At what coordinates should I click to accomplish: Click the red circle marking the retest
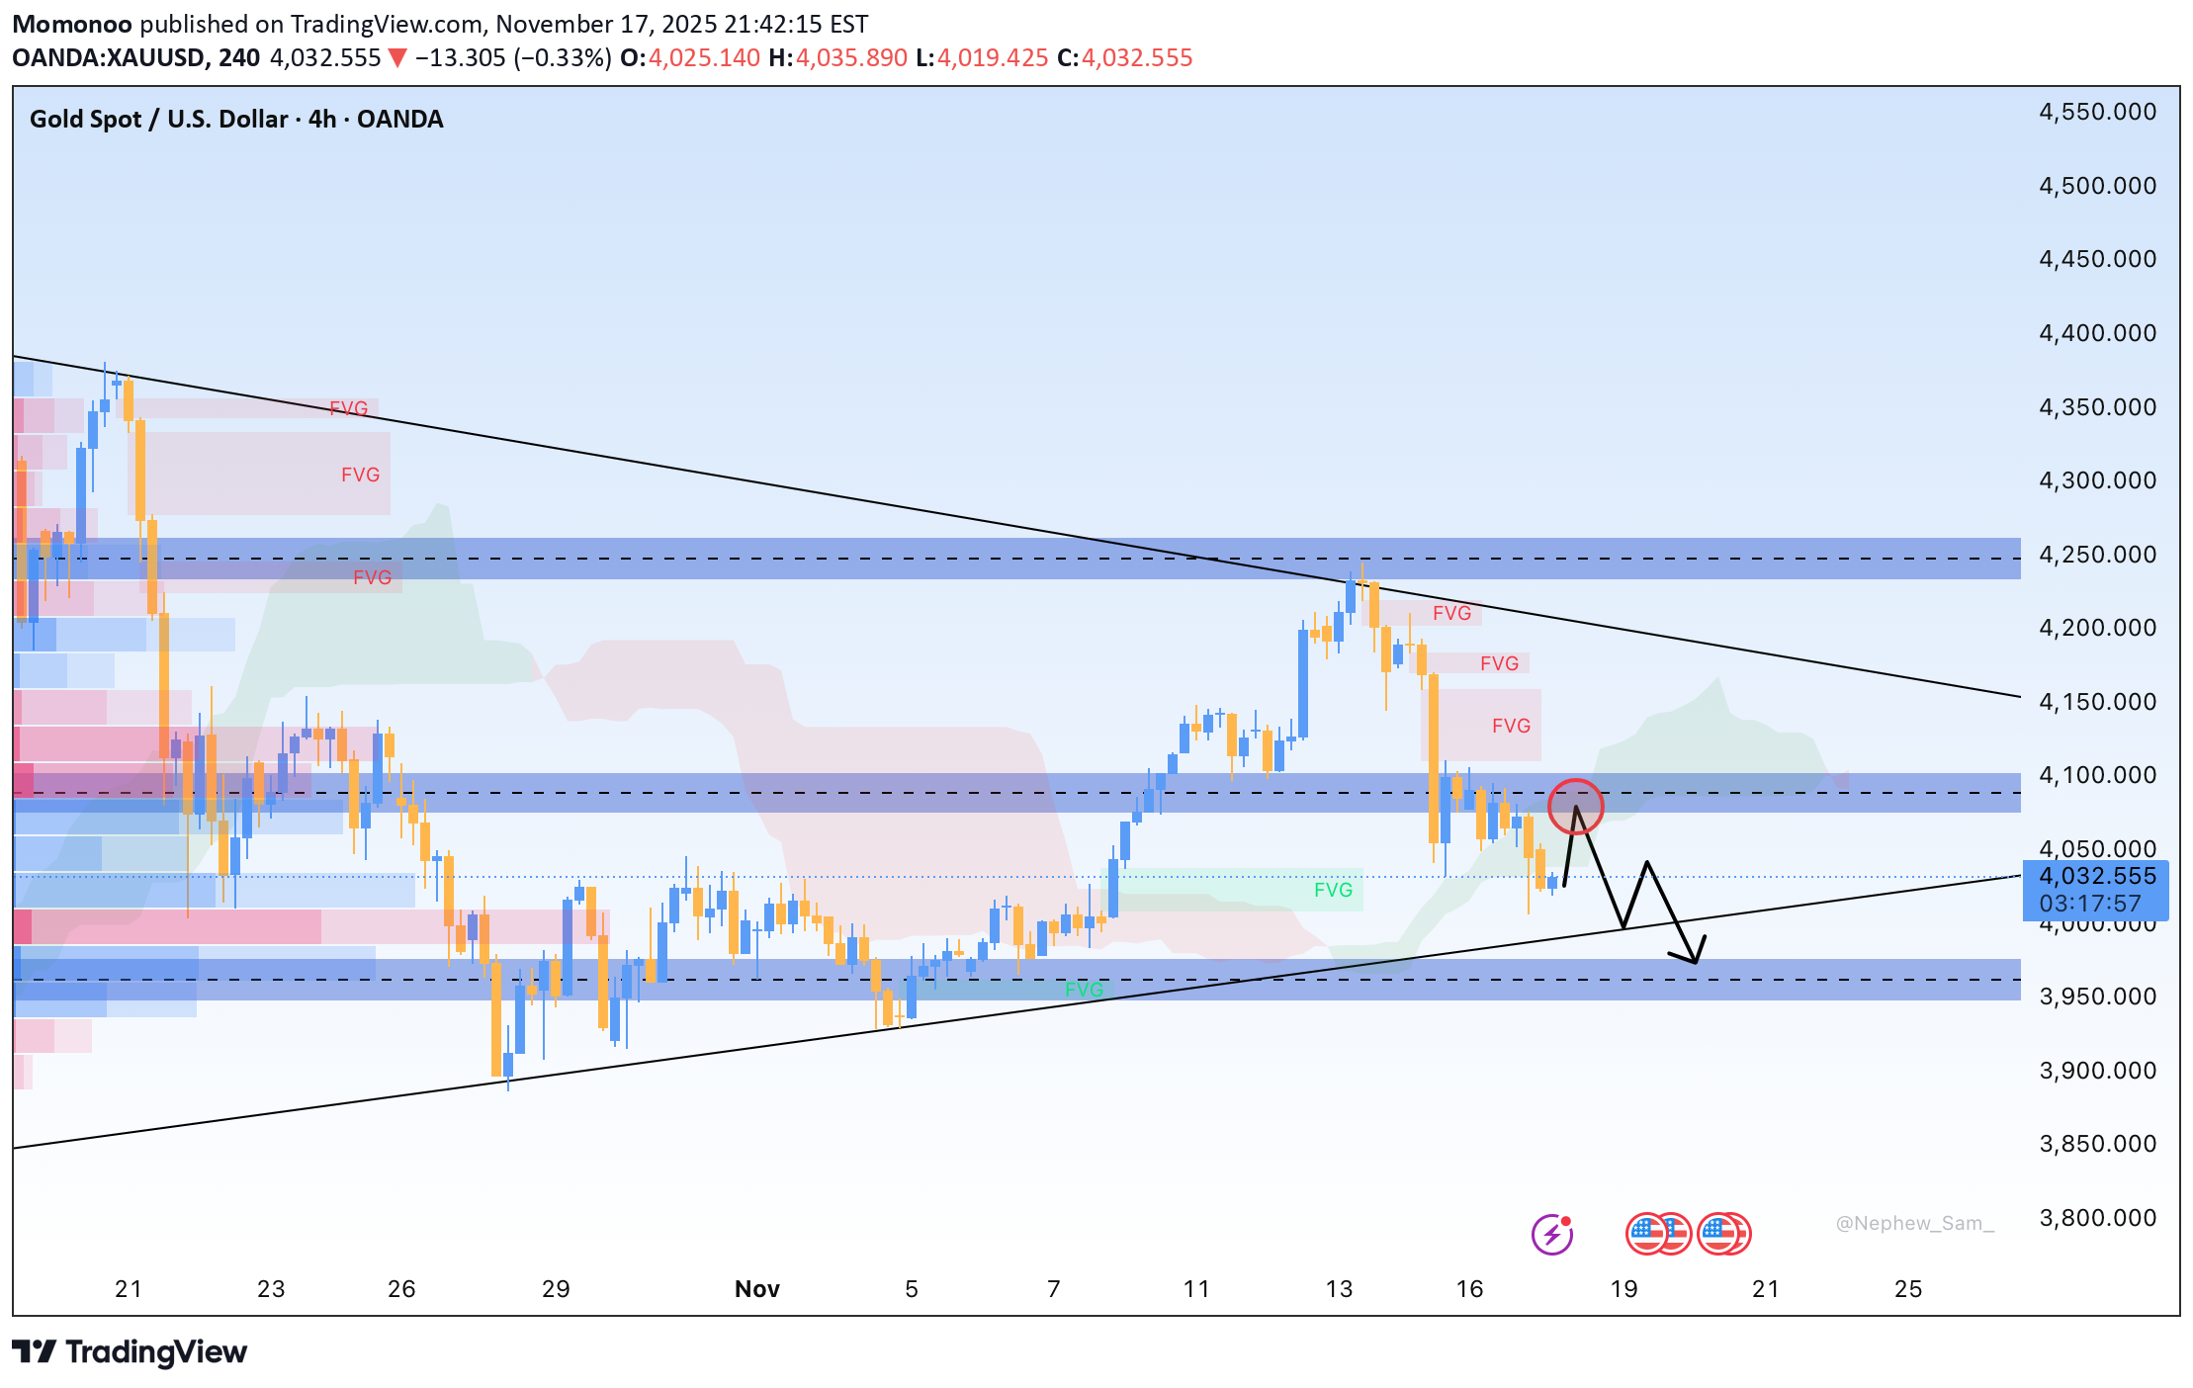coord(1575,806)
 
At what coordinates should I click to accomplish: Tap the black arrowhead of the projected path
coord(1693,955)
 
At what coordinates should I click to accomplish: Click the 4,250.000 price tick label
coord(2097,555)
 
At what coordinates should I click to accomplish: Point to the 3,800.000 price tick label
coord(2097,1218)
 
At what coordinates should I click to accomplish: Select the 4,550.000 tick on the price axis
coord(2097,112)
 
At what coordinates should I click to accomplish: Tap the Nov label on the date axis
coord(757,1289)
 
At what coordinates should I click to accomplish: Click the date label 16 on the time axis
coord(1470,1289)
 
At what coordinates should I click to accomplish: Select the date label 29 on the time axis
coord(556,1289)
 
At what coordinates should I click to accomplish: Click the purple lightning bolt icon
coord(1552,1234)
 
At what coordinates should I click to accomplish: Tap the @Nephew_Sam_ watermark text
coord(1914,1224)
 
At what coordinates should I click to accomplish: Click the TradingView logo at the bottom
coord(130,1351)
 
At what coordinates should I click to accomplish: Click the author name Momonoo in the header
coord(72,24)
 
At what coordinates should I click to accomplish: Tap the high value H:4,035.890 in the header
coord(837,58)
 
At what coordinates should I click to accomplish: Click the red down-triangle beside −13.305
coord(397,58)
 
